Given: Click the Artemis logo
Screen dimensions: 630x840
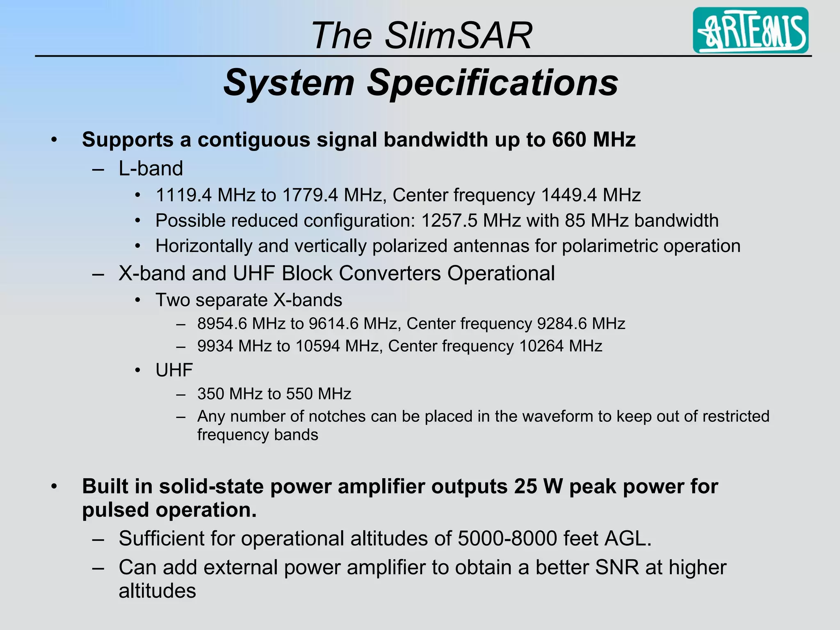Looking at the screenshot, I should pyautogui.click(x=750, y=30).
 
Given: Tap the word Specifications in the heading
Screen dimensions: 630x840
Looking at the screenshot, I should pyautogui.click(x=492, y=83).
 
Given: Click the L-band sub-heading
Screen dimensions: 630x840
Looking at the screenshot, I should pyautogui.click(x=151, y=169).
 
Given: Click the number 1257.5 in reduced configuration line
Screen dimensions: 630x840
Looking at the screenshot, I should pyautogui.click(x=449, y=221).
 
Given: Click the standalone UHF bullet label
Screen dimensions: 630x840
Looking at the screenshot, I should pyautogui.click(x=174, y=370).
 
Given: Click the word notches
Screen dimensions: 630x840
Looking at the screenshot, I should pyautogui.click(x=337, y=416).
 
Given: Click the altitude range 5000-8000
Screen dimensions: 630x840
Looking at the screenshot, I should pyautogui.click(x=507, y=539).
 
